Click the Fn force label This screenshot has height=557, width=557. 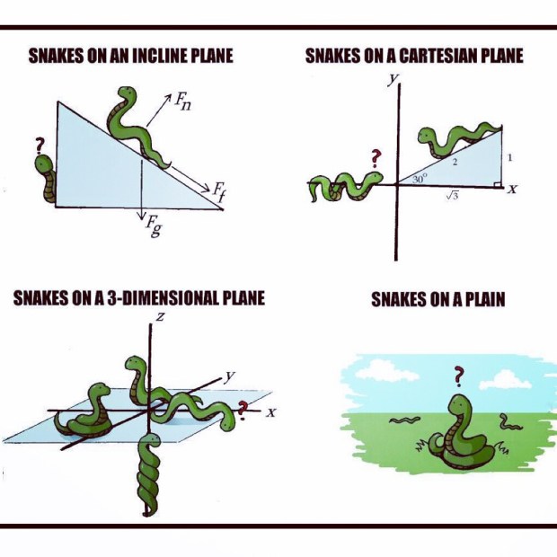[182, 102]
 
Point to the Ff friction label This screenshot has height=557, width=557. [219, 192]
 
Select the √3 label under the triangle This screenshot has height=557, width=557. [452, 195]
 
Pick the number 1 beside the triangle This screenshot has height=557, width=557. [509, 157]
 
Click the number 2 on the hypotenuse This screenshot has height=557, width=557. [455, 163]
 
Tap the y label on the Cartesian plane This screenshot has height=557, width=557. [393, 80]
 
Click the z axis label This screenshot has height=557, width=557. [161, 316]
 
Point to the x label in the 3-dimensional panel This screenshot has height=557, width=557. [271, 412]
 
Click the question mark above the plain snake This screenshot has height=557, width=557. [458, 376]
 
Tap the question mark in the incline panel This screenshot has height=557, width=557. [40, 146]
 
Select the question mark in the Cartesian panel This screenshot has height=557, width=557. [376, 158]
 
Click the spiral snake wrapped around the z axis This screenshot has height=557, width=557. [148, 474]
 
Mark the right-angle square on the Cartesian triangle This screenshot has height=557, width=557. [498, 184]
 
